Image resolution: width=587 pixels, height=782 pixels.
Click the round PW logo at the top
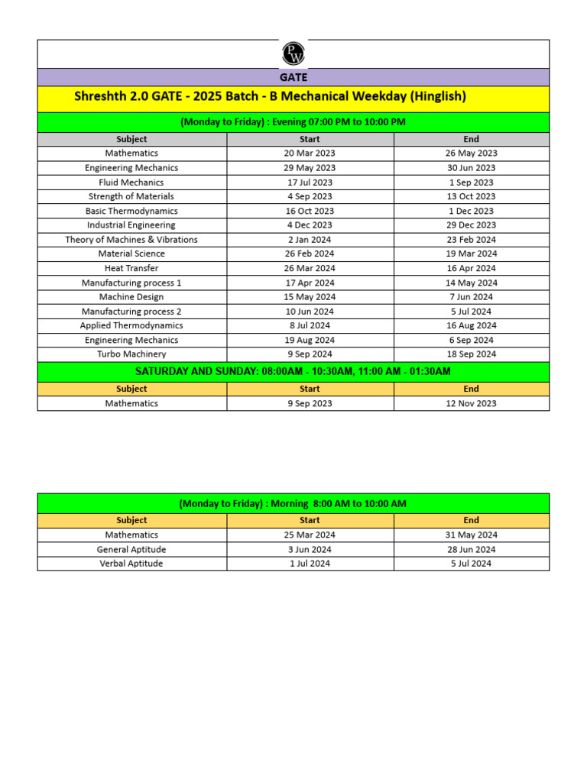point(293,53)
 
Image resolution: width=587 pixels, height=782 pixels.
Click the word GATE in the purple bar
point(293,77)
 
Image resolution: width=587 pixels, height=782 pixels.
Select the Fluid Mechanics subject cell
point(131,183)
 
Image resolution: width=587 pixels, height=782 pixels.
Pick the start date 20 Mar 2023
point(310,153)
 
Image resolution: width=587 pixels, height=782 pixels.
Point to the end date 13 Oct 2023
point(472,197)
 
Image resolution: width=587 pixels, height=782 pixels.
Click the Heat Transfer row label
point(131,269)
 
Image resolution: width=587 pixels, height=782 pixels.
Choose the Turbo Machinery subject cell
point(131,354)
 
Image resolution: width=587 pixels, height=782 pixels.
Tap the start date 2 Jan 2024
point(310,240)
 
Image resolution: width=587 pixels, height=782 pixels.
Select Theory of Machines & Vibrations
point(131,240)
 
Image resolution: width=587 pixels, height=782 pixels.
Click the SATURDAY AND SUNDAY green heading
point(293,372)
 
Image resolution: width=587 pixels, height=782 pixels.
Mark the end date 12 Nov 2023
point(472,404)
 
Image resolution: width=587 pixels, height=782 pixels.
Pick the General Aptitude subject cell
point(131,550)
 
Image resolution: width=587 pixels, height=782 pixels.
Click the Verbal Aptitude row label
point(131,564)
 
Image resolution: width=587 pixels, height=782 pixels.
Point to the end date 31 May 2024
point(472,535)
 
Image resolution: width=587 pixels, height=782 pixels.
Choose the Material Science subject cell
point(131,254)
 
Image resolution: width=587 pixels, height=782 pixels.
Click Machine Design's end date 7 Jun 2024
point(472,297)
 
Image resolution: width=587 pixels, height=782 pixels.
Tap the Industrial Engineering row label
point(131,225)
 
